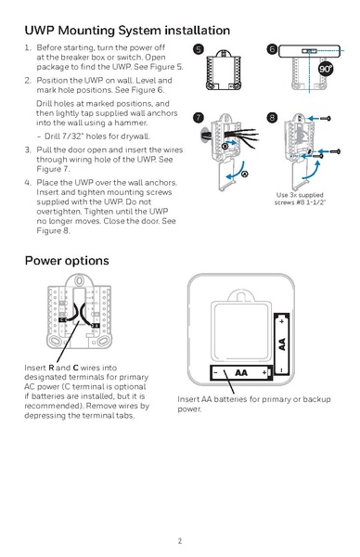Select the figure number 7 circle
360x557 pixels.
pos(198,118)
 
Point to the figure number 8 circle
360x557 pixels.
pos(272,118)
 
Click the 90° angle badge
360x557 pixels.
pos(326,70)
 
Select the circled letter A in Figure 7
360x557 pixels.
pos(244,174)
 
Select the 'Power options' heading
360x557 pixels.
pos(67,260)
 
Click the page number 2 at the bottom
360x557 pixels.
pos(180,539)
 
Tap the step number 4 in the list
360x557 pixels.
pos(28,183)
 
